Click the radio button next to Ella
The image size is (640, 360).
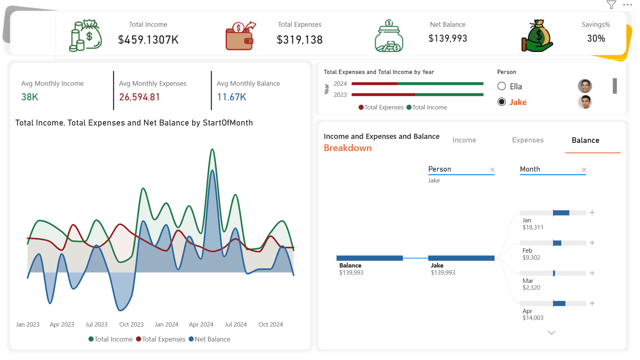[x=502, y=86]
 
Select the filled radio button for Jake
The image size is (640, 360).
[x=502, y=102]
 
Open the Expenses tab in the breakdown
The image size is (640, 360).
[x=528, y=140]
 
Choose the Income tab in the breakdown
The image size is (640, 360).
[x=464, y=140]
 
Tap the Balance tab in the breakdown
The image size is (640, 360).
[x=585, y=140]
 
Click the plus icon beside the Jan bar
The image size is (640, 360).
[x=592, y=212]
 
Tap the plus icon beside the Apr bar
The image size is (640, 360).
[x=592, y=303]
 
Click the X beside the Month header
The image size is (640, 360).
[x=584, y=170]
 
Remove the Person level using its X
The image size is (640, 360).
[x=492, y=170]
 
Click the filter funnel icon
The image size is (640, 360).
[x=611, y=5]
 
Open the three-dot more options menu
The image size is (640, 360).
[x=627, y=5]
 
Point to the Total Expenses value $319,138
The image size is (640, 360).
[x=299, y=40]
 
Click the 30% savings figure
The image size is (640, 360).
[x=596, y=38]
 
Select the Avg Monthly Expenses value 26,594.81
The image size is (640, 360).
[x=139, y=97]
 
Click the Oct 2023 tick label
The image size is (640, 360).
[x=131, y=325]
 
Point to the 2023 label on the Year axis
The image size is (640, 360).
[x=340, y=94]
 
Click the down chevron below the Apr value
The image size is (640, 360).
[x=551, y=332]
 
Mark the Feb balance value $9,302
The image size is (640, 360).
[x=531, y=257]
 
